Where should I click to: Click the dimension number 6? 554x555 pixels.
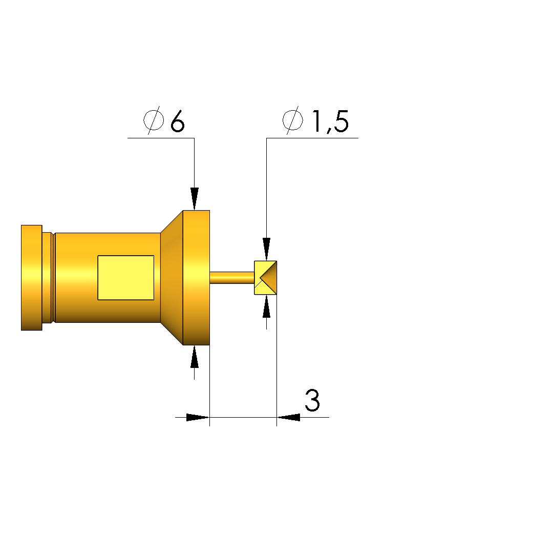pos(178,121)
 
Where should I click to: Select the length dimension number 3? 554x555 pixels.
pos(312,400)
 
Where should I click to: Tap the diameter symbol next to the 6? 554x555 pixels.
pos(154,120)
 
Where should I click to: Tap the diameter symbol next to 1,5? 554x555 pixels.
pos(293,120)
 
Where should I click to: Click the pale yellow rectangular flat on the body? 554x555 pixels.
pos(126,278)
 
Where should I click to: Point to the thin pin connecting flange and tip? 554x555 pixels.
pos(232,278)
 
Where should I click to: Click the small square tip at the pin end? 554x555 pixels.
pos(266,278)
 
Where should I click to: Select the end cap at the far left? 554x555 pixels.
pos(31,278)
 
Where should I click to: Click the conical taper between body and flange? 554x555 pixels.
pos(172,278)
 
